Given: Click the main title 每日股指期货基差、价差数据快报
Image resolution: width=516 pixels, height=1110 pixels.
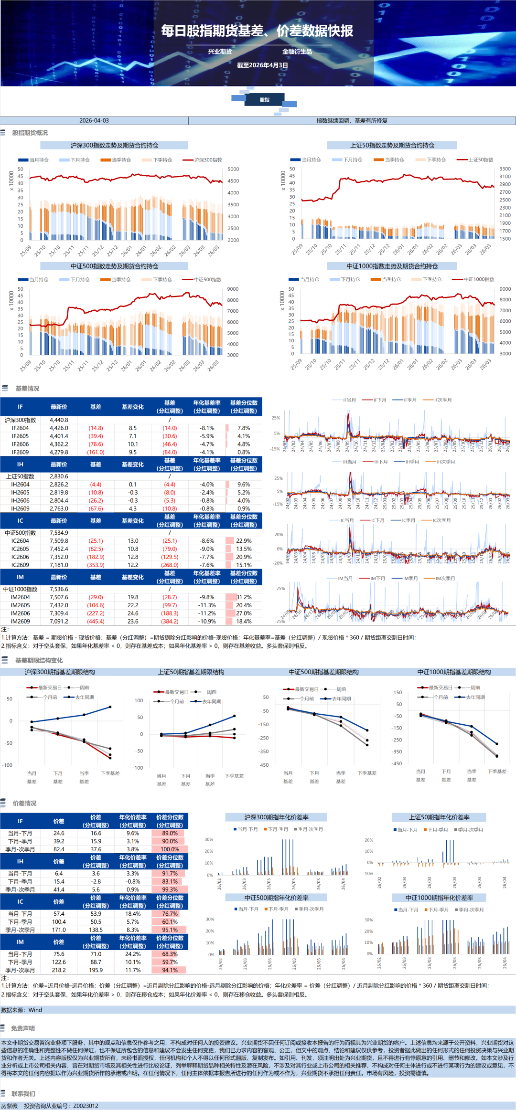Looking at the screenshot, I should pos(257,31).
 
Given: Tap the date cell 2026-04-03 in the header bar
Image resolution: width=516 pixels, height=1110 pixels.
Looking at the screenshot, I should pos(94,121).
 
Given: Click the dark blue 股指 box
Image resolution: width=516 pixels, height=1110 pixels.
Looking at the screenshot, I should pos(265,100).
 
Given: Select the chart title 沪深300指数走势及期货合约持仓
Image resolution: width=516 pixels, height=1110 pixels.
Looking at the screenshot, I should pos(114,145).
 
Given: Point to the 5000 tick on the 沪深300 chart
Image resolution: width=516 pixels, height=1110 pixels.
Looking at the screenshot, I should pos(233,169).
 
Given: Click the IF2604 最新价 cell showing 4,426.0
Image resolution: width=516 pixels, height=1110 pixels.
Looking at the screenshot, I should pos(59,428).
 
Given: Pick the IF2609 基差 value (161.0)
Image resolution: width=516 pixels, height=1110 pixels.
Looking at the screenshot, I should pos(96,452).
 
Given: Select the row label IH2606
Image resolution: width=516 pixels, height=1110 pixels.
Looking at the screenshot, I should pos(20,500).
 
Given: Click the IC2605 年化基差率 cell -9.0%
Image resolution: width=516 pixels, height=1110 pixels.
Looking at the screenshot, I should pos(207,549).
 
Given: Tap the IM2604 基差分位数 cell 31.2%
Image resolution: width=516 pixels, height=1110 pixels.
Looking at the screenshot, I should pos(244,597).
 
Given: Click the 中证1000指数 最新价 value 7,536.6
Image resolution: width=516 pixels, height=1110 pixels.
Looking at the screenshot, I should pos(59,589).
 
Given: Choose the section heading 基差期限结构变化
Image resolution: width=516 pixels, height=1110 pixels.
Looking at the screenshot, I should pos(39,660).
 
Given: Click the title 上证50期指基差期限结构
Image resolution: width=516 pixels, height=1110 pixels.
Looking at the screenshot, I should pos(191,672).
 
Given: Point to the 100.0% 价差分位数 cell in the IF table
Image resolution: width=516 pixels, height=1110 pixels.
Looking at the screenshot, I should pos(170,849).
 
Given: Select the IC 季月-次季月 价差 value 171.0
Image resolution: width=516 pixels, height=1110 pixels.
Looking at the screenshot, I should pos(59,930).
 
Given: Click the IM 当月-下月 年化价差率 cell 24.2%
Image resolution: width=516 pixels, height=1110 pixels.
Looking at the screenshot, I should pos(133,954).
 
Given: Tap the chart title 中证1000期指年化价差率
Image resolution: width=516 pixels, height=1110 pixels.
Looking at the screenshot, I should pos(439,898).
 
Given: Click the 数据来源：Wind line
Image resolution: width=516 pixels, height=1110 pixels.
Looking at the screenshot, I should pos(21,1010).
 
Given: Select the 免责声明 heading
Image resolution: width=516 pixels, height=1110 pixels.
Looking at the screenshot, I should pos(23,1028).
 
